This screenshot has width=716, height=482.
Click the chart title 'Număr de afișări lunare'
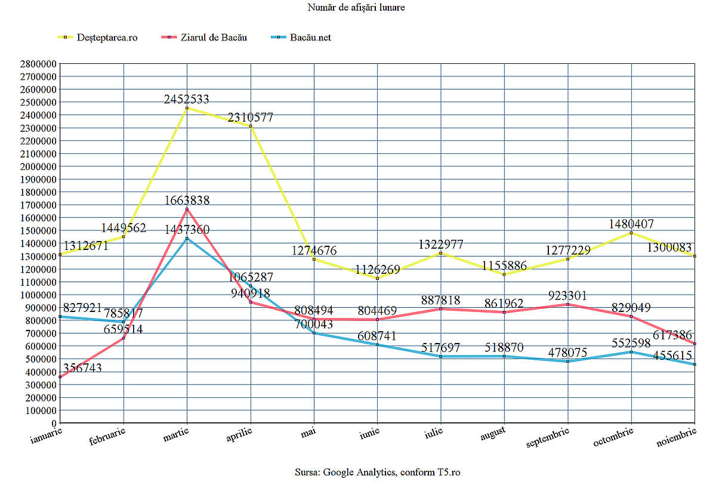tap(357, 7)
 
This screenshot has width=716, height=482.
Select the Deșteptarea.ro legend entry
tap(107, 37)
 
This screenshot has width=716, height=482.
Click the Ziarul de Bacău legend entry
tap(212, 37)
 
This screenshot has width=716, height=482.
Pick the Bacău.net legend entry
tap(310, 37)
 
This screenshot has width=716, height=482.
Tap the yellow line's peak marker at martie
tap(187, 109)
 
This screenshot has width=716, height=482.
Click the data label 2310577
tap(249, 118)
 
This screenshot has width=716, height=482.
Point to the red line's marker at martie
tap(187, 209)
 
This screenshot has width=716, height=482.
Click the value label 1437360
tap(187, 230)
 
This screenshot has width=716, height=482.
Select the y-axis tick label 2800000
tap(38, 64)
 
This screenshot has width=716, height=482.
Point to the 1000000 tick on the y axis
tap(38, 295)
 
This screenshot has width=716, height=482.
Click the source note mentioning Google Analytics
tap(377, 472)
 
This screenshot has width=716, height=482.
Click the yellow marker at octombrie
tap(631, 233)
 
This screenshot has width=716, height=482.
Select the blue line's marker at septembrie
tap(568, 361)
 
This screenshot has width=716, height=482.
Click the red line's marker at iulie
tap(441, 309)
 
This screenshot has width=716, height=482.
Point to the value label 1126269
tap(377, 270)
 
